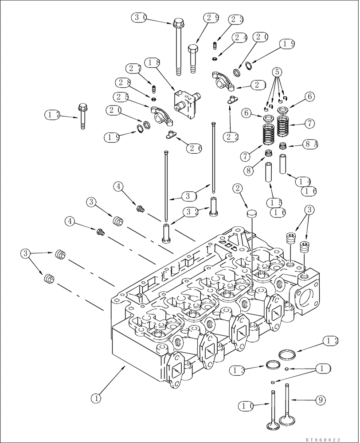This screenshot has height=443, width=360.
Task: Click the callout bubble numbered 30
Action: (140, 18)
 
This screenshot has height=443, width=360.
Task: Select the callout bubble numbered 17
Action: (53, 115)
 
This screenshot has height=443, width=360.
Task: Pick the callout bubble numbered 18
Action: (152, 63)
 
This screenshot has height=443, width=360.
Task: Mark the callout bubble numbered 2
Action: (238, 189)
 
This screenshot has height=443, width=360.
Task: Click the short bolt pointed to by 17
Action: (82, 116)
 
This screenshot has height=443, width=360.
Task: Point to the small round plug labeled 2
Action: (251, 214)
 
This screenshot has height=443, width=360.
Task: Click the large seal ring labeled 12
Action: (288, 355)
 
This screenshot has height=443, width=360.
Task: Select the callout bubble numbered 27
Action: (133, 69)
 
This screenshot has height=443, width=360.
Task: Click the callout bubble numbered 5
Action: (277, 71)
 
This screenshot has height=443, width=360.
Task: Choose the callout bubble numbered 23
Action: (236, 19)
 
